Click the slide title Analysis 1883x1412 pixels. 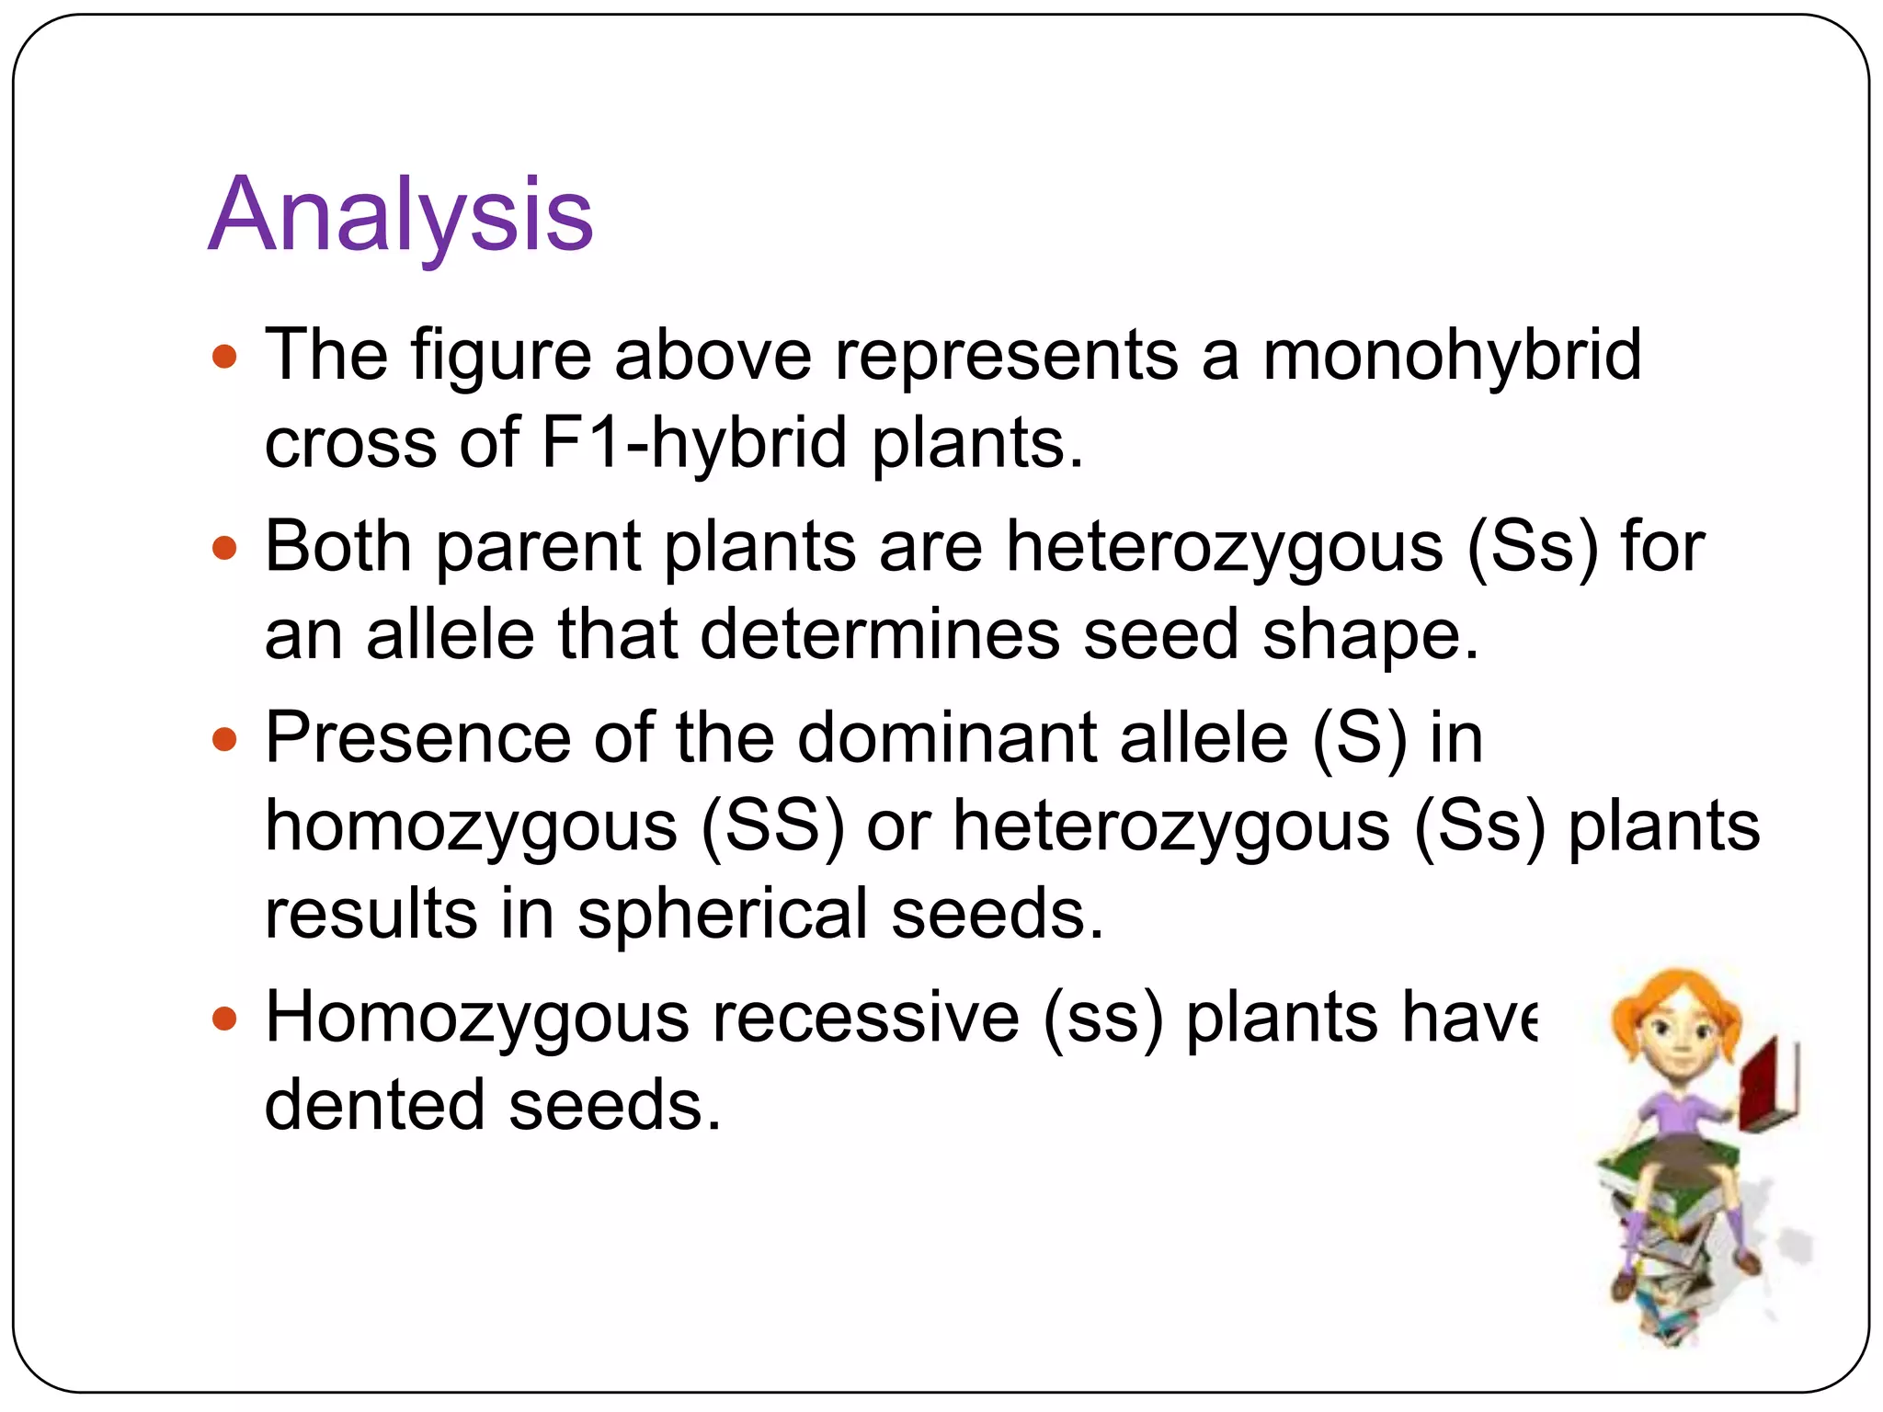coord(401,217)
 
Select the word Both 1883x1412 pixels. coord(338,547)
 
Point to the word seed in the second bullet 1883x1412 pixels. coord(1161,635)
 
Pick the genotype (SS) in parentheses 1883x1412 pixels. coord(772,826)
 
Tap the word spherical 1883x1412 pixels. coord(723,915)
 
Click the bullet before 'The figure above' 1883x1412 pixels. coord(224,357)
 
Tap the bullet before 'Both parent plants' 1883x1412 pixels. coord(224,549)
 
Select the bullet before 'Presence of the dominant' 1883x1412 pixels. coord(224,739)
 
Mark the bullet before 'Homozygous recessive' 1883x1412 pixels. coord(224,1019)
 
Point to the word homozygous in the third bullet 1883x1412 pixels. coord(472,826)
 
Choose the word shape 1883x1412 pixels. coord(1370,635)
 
